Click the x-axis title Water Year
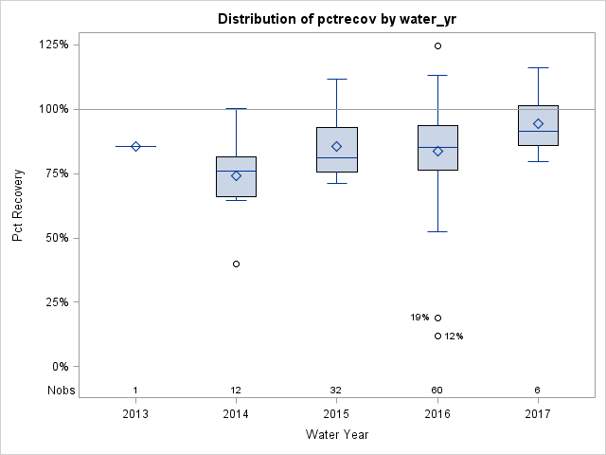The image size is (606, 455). click(336, 434)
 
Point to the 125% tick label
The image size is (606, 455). click(52, 45)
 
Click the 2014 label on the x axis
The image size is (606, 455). click(236, 413)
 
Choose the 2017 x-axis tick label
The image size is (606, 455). click(538, 413)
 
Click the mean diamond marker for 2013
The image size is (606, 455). click(135, 146)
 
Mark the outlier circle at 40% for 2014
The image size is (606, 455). click(236, 264)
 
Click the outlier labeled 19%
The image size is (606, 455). click(437, 318)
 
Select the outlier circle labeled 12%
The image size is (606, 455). click(437, 336)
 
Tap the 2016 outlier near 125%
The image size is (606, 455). click(437, 45)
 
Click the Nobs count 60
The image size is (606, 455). click(437, 391)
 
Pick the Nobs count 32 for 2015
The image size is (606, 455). click(336, 391)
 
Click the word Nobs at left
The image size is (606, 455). click(59, 391)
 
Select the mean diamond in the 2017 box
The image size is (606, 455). click(538, 123)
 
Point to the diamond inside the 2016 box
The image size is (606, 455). click(437, 151)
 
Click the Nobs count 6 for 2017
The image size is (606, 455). click(538, 391)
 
